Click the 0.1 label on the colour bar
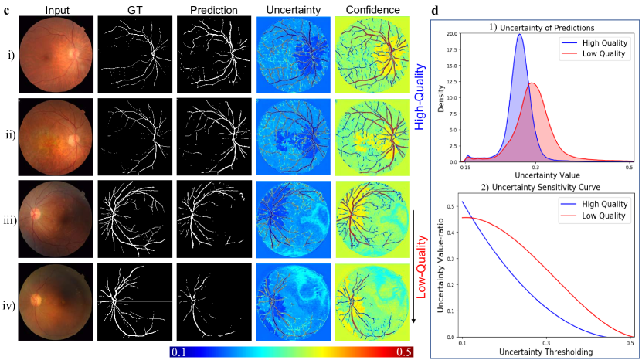[x=179, y=352]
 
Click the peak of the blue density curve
[x=519, y=34]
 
